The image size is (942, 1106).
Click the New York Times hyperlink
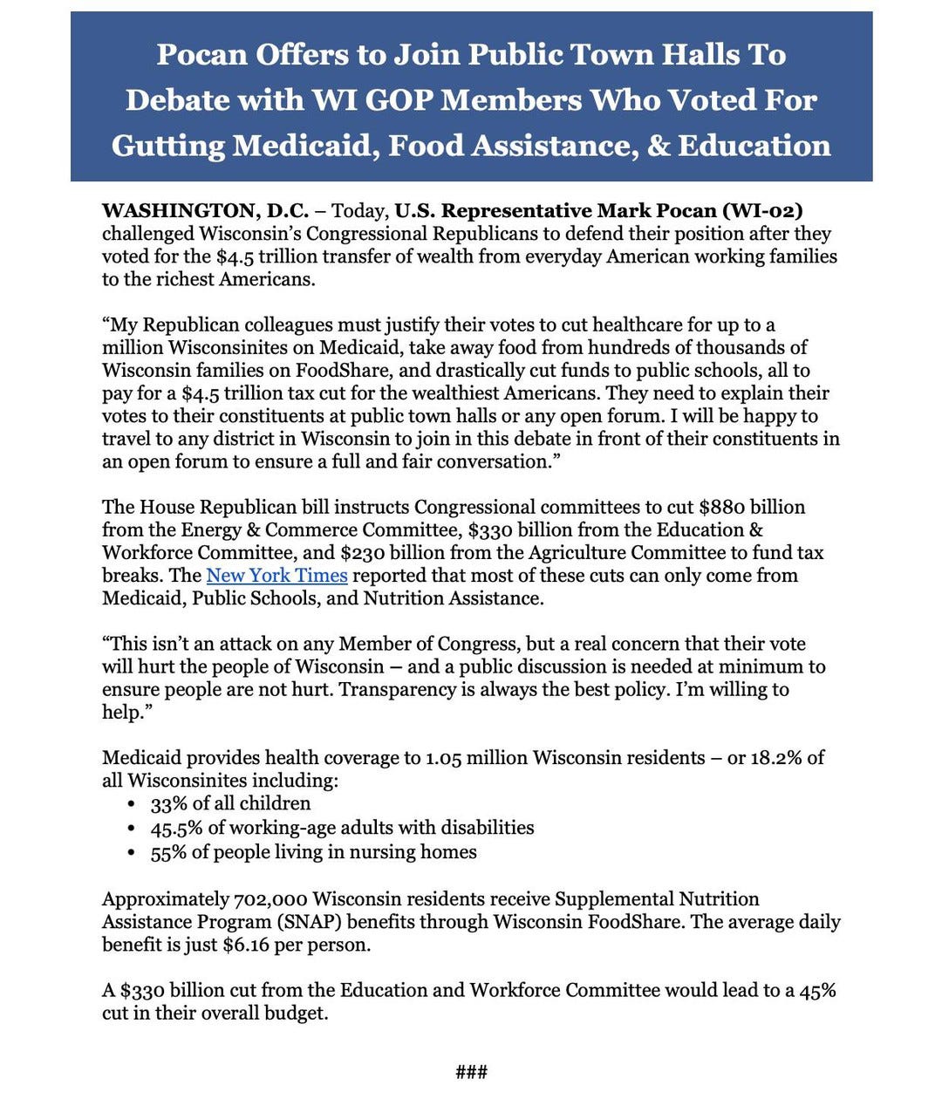pyautogui.click(x=276, y=576)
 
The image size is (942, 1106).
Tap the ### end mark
pyautogui.click(x=471, y=1072)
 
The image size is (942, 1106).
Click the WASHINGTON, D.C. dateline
pyautogui.click(x=205, y=211)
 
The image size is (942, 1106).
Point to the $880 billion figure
pyautogui.click(x=752, y=508)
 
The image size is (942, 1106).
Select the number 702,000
pyautogui.click(x=270, y=899)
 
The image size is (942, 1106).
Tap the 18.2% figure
pyautogui.click(x=776, y=758)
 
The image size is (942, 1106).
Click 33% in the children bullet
pyautogui.click(x=168, y=804)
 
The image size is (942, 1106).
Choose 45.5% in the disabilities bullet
pyautogui.click(x=176, y=828)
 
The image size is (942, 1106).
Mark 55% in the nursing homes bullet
pyautogui.click(x=168, y=852)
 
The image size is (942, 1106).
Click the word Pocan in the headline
pyautogui.click(x=201, y=55)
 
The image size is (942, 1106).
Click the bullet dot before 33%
pyautogui.click(x=132, y=804)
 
